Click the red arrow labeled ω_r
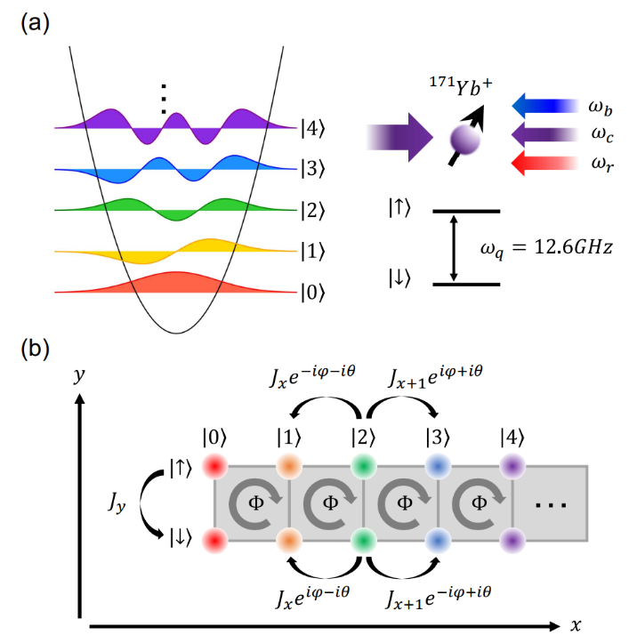[544, 164]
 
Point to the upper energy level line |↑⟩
[467, 212]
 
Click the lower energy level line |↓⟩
[467, 285]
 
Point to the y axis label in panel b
[81, 374]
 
